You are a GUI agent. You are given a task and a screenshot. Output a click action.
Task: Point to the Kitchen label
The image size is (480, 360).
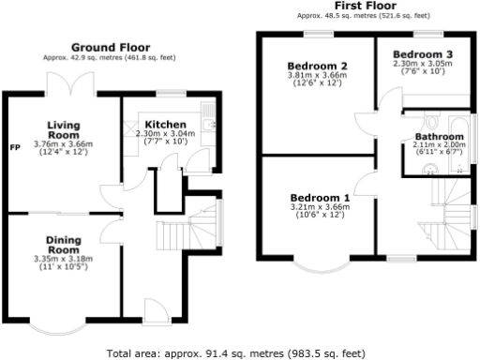pos(164,125)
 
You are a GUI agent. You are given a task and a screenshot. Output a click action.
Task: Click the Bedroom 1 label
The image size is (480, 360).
pos(320,198)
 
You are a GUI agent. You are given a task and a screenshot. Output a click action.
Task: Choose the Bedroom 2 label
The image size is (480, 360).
pos(318,66)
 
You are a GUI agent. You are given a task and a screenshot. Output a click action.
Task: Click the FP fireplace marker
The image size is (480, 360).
pos(15,148)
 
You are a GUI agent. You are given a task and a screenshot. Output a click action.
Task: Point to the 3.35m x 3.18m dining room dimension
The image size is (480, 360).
pos(63,258)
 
